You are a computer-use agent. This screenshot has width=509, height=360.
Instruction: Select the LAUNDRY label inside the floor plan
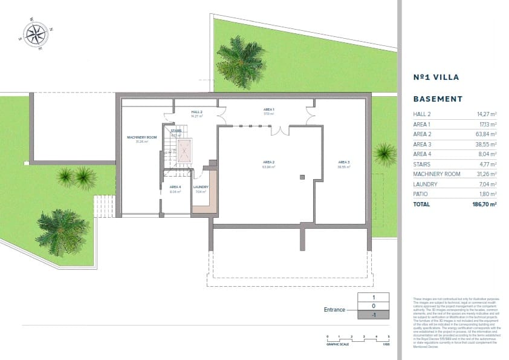pos(201,187)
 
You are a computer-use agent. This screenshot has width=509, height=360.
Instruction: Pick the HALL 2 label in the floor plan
pos(196,113)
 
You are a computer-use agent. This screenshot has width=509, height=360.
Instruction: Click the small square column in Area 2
pos(302,177)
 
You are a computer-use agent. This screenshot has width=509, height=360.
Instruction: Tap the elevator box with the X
pos(181,149)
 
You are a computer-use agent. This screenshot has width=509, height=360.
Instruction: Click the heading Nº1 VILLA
pos(436,77)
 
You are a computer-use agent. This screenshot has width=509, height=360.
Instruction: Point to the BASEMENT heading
pos(438,99)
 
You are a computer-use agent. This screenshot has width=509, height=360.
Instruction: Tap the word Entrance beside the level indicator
pos(334,310)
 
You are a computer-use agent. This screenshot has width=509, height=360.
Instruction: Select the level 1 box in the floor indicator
pos(373,297)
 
